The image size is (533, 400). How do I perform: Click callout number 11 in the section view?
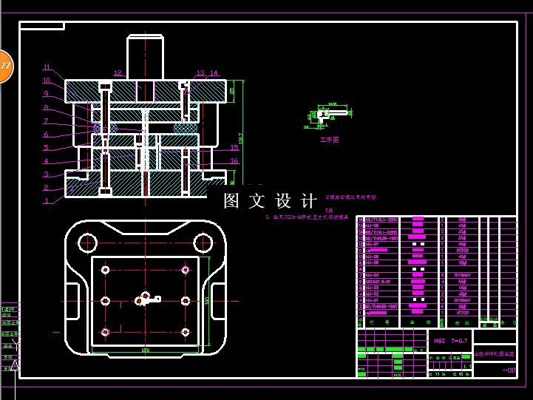[x=47, y=67]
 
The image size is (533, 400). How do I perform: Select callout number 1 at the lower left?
[x=47, y=200]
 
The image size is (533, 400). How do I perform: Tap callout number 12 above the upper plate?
[x=118, y=73]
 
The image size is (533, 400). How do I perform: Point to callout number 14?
[x=214, y=73]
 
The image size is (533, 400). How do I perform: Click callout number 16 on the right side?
[x=234, y=161]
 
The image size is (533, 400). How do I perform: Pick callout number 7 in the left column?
[x=46, y=121]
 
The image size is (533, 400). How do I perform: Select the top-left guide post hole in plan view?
[x=88, y=242]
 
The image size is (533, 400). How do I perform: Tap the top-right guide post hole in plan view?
[x=202, y=242]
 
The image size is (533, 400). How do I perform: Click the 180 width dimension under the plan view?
[x=145, y=350]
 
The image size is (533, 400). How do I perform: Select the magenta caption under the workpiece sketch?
[x=329, y=139]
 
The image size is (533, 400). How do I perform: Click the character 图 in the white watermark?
[x=232, y=201]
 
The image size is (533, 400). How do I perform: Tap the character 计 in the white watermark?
[x=308, y=201]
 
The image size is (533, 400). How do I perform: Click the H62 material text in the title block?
[x=438, y=341]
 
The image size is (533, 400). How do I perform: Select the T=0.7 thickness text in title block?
[x=459, y=341]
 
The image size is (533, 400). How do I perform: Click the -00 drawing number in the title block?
[x=509, y=371]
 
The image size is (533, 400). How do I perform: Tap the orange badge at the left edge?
[x=5, y=67]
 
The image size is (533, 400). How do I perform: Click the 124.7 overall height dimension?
[x=240, y=137]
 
